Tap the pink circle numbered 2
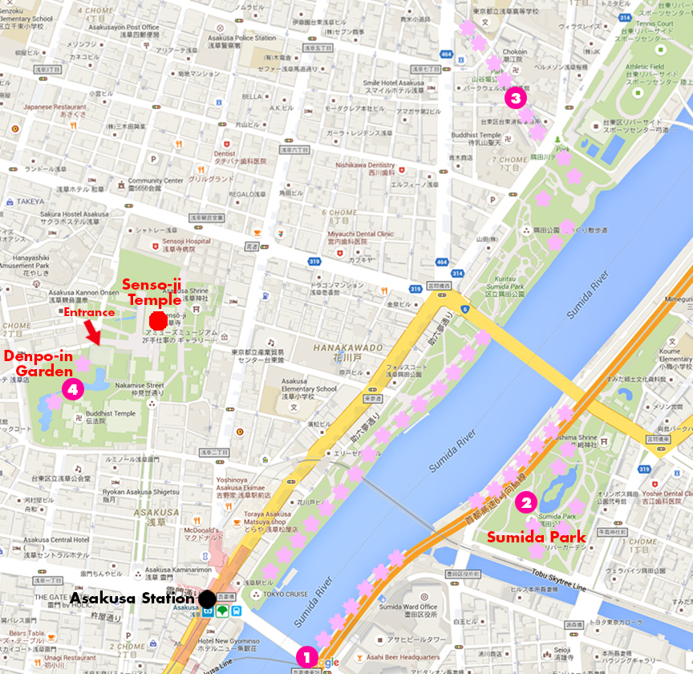tap(525, 503)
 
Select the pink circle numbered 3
tap(515, 99)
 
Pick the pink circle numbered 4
tap(73, 389)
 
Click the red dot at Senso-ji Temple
tap(158, 320)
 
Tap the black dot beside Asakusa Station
tap(207, 598)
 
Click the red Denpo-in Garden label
tap(41, 363)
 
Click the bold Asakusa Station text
tap(132, 598)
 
